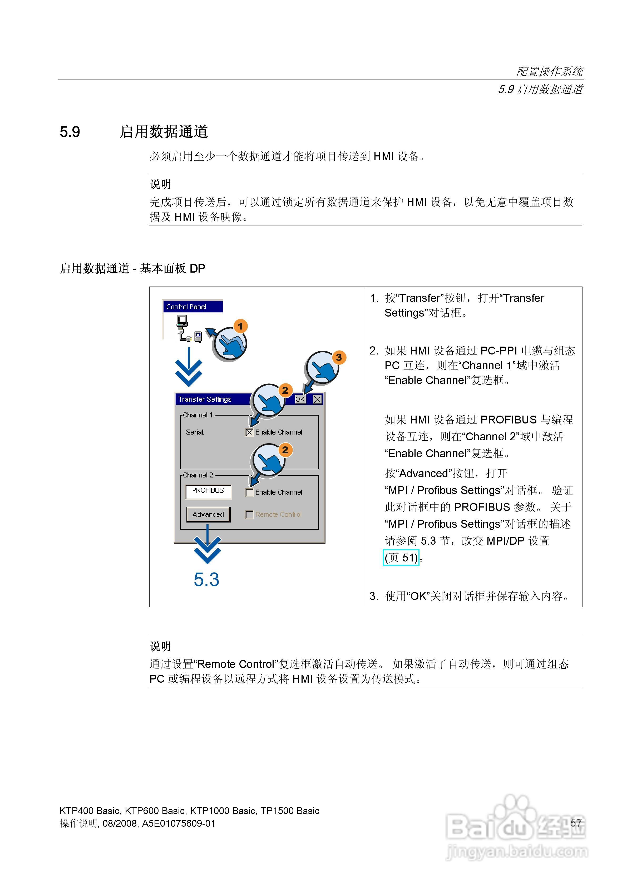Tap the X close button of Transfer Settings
pyautogui.click(x=317, y=399)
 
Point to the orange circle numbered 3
pyautogui.click(x=339, y=357)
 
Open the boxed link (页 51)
pyautogui.click(x=401, y=558)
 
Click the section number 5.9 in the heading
pyautogui.click(x=70, y=132)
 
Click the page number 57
pyautogui.click(x=576, y=823)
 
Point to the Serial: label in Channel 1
pyautogui.click(x=195, y=432)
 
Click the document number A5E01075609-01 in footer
pyautogui.click(x=179, y=823)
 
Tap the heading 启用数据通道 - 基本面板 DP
pyautogui.click(x=132, y=268)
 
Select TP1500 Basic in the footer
pyautogui.click(x=290, y=811)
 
